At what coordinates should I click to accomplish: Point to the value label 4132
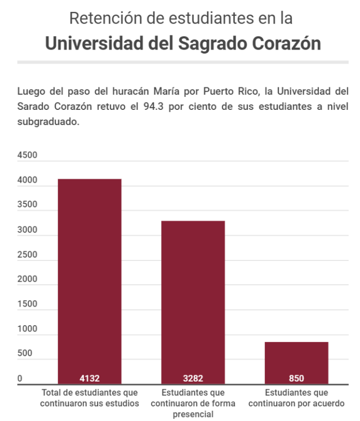tap(90, 378)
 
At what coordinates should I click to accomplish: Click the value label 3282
tap(193, 378)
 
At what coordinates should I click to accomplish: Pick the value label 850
tap(296, 378)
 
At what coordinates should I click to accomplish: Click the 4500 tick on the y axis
tap(26, 156)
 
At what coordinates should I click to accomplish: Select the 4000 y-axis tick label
tap(26, 180)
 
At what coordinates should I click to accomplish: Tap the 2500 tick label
tap(26, 255)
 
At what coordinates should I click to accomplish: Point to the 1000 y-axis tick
tap(26, 329)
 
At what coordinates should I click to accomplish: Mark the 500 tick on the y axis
tap(24, 354)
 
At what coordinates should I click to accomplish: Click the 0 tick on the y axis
tap(20, 379)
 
